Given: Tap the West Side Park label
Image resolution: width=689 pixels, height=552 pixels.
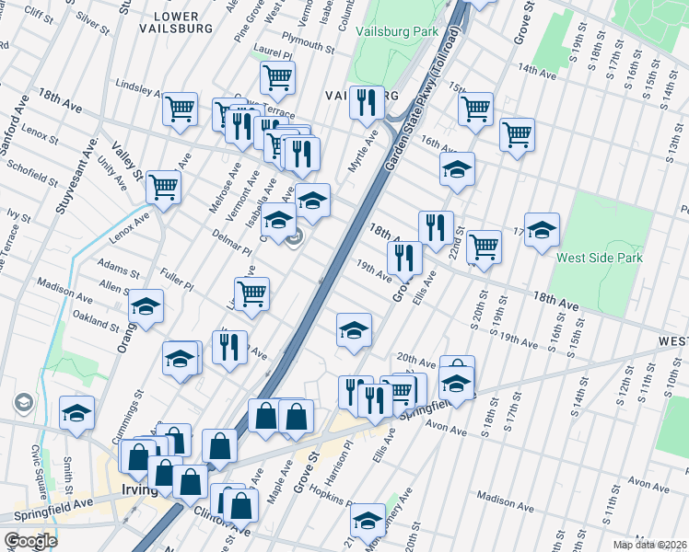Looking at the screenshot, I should point(600,259).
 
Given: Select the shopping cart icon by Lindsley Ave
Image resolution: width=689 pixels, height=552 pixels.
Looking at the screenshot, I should point(181,109).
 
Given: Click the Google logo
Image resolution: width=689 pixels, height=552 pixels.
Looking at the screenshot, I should point(29,540).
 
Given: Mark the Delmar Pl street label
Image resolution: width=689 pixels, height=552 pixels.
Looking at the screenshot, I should point(231,244).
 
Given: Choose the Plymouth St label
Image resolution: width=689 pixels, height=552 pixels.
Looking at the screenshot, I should point(309,45).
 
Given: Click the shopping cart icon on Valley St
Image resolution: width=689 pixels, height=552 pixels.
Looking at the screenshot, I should point(163,187).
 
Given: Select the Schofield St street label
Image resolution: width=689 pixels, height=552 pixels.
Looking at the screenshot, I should point(33,172).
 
